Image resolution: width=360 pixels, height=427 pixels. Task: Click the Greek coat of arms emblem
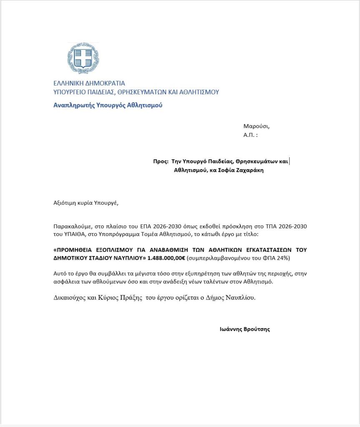tap(83, 58)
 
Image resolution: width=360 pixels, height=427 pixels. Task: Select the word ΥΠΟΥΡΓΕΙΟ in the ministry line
tap(70, 92)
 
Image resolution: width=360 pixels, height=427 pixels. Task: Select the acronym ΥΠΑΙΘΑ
tap(72, 234)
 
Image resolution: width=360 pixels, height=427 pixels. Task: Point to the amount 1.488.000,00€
tap(166, 258)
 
